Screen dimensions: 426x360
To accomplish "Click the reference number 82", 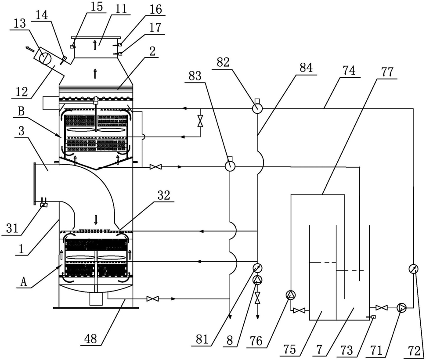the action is (223, 63).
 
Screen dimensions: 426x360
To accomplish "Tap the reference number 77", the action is (387, 72).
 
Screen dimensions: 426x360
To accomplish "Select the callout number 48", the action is (91, 339).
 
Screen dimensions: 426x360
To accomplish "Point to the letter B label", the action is (22, 112).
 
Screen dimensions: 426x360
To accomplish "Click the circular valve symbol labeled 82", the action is (257, 108).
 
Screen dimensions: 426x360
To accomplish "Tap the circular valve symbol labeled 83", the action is (230, 166).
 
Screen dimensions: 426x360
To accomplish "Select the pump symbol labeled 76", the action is (291, 295).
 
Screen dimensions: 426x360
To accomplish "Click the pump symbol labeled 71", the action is (401, 308).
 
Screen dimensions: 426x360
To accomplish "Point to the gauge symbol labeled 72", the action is (413, 269).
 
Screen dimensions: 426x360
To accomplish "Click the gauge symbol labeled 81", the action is (257, 268).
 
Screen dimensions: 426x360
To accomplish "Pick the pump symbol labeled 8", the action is (257, 280).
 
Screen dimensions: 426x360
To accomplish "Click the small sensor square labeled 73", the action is (374, 317).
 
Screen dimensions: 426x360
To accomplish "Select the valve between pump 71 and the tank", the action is (382, 308).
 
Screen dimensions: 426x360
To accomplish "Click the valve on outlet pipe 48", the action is (152, 299).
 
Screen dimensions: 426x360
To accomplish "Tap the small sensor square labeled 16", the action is (120, 44).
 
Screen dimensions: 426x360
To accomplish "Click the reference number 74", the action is (349, 70).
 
